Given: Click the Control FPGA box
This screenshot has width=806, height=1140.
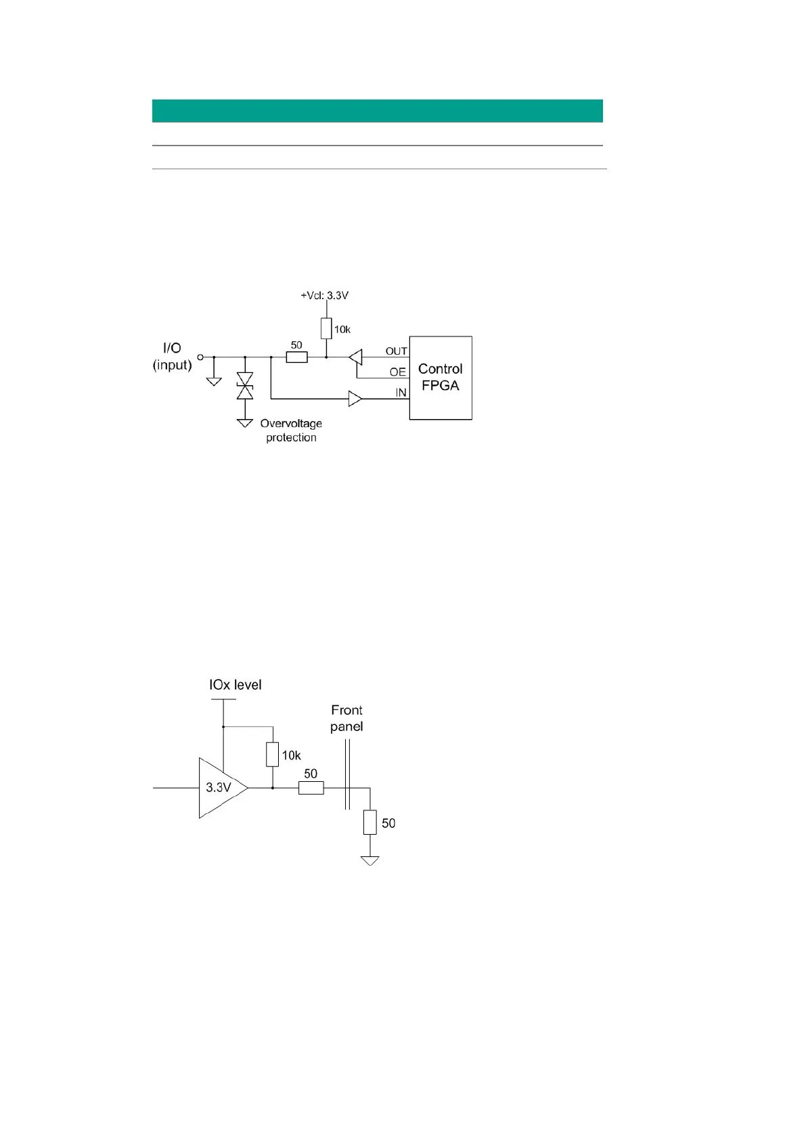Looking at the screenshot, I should [x=441, y=378].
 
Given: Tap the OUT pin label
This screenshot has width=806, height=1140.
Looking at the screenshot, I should [x=397, y=351].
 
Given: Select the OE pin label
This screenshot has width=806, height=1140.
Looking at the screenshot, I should [x=398, y=372].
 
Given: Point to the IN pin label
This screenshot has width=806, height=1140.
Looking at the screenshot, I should [x=401, y=393].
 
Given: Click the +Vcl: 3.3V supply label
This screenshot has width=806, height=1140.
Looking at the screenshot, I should [x=325, y=296].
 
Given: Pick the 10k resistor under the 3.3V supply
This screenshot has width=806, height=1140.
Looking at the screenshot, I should [x=326, y=329].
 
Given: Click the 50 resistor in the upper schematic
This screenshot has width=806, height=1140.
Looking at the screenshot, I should [x=296, y=357].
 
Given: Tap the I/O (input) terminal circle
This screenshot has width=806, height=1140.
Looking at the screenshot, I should [x=200, y=357].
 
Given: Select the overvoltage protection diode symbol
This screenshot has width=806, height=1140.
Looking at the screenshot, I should [x=245, y=385].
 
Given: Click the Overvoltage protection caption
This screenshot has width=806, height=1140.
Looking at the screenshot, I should [x=291, y=431].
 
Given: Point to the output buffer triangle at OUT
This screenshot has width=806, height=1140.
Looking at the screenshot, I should [x=356, y=357].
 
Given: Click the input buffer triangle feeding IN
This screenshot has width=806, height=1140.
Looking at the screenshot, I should [x=355, y=399].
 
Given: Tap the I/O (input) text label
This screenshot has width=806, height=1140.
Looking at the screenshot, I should [x=172, y=356].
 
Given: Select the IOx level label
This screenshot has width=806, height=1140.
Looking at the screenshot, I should [x=235, y=685].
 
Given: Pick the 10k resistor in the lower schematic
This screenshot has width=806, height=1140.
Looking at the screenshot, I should [x=272, y=754].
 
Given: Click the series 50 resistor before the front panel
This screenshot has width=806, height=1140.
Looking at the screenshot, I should [x=311, y=788].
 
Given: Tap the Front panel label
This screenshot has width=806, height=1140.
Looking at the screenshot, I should [x=346, y=718].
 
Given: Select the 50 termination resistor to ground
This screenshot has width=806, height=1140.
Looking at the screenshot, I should [x=370, y=822].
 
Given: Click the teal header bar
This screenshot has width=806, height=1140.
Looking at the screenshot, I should [x=377, y=111].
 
